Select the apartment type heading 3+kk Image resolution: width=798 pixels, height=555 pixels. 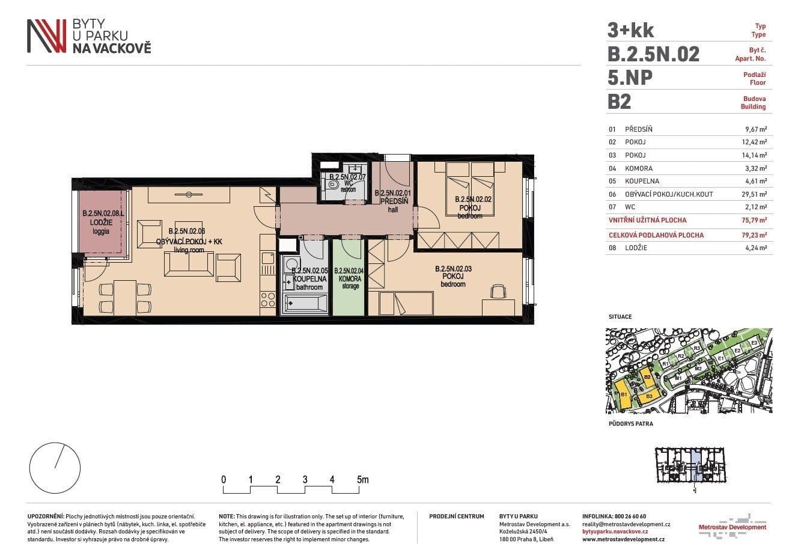pos(630,30)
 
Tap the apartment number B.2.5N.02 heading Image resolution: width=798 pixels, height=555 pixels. pos(654,54)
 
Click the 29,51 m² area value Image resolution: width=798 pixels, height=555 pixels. pos(754,194)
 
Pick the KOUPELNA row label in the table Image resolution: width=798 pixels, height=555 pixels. pos(642,181)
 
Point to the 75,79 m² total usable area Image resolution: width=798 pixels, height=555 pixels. pos(754,220)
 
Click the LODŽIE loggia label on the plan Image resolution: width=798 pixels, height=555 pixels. pos(101,223)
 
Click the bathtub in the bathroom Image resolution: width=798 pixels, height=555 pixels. pos(305,304)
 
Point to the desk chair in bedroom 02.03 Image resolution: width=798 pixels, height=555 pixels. pos(498,291)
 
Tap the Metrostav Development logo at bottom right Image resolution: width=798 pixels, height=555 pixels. pos(733,524)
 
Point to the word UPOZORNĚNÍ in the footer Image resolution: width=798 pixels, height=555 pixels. pos(46,517)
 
